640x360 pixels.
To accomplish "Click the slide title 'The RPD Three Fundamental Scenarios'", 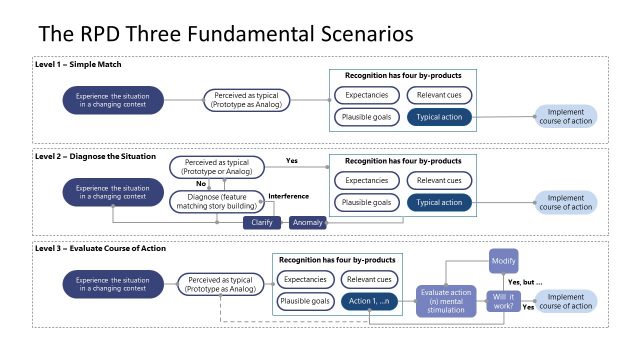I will click(225, 34).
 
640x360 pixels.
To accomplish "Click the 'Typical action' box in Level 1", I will click(438, 117).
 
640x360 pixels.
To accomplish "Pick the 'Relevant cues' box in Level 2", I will click(438, 181).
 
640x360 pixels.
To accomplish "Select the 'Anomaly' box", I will click(309, 223).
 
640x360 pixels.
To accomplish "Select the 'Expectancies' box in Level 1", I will click(363, 96).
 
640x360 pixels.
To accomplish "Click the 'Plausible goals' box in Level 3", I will click(304, 301).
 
